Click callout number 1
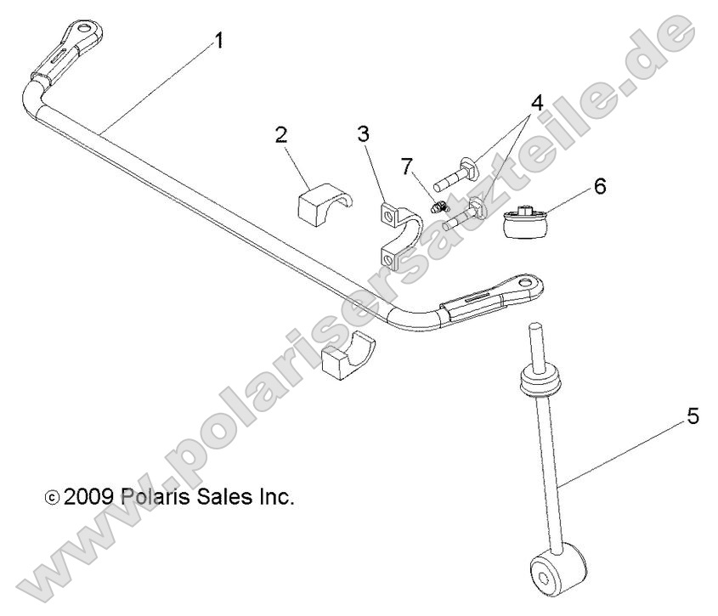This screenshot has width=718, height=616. [219, 40]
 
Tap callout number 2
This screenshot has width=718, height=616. [281, 134]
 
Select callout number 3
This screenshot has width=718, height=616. [364, 134]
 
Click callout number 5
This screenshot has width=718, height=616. [693, 418]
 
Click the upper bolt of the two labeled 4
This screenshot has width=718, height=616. [455, 174]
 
